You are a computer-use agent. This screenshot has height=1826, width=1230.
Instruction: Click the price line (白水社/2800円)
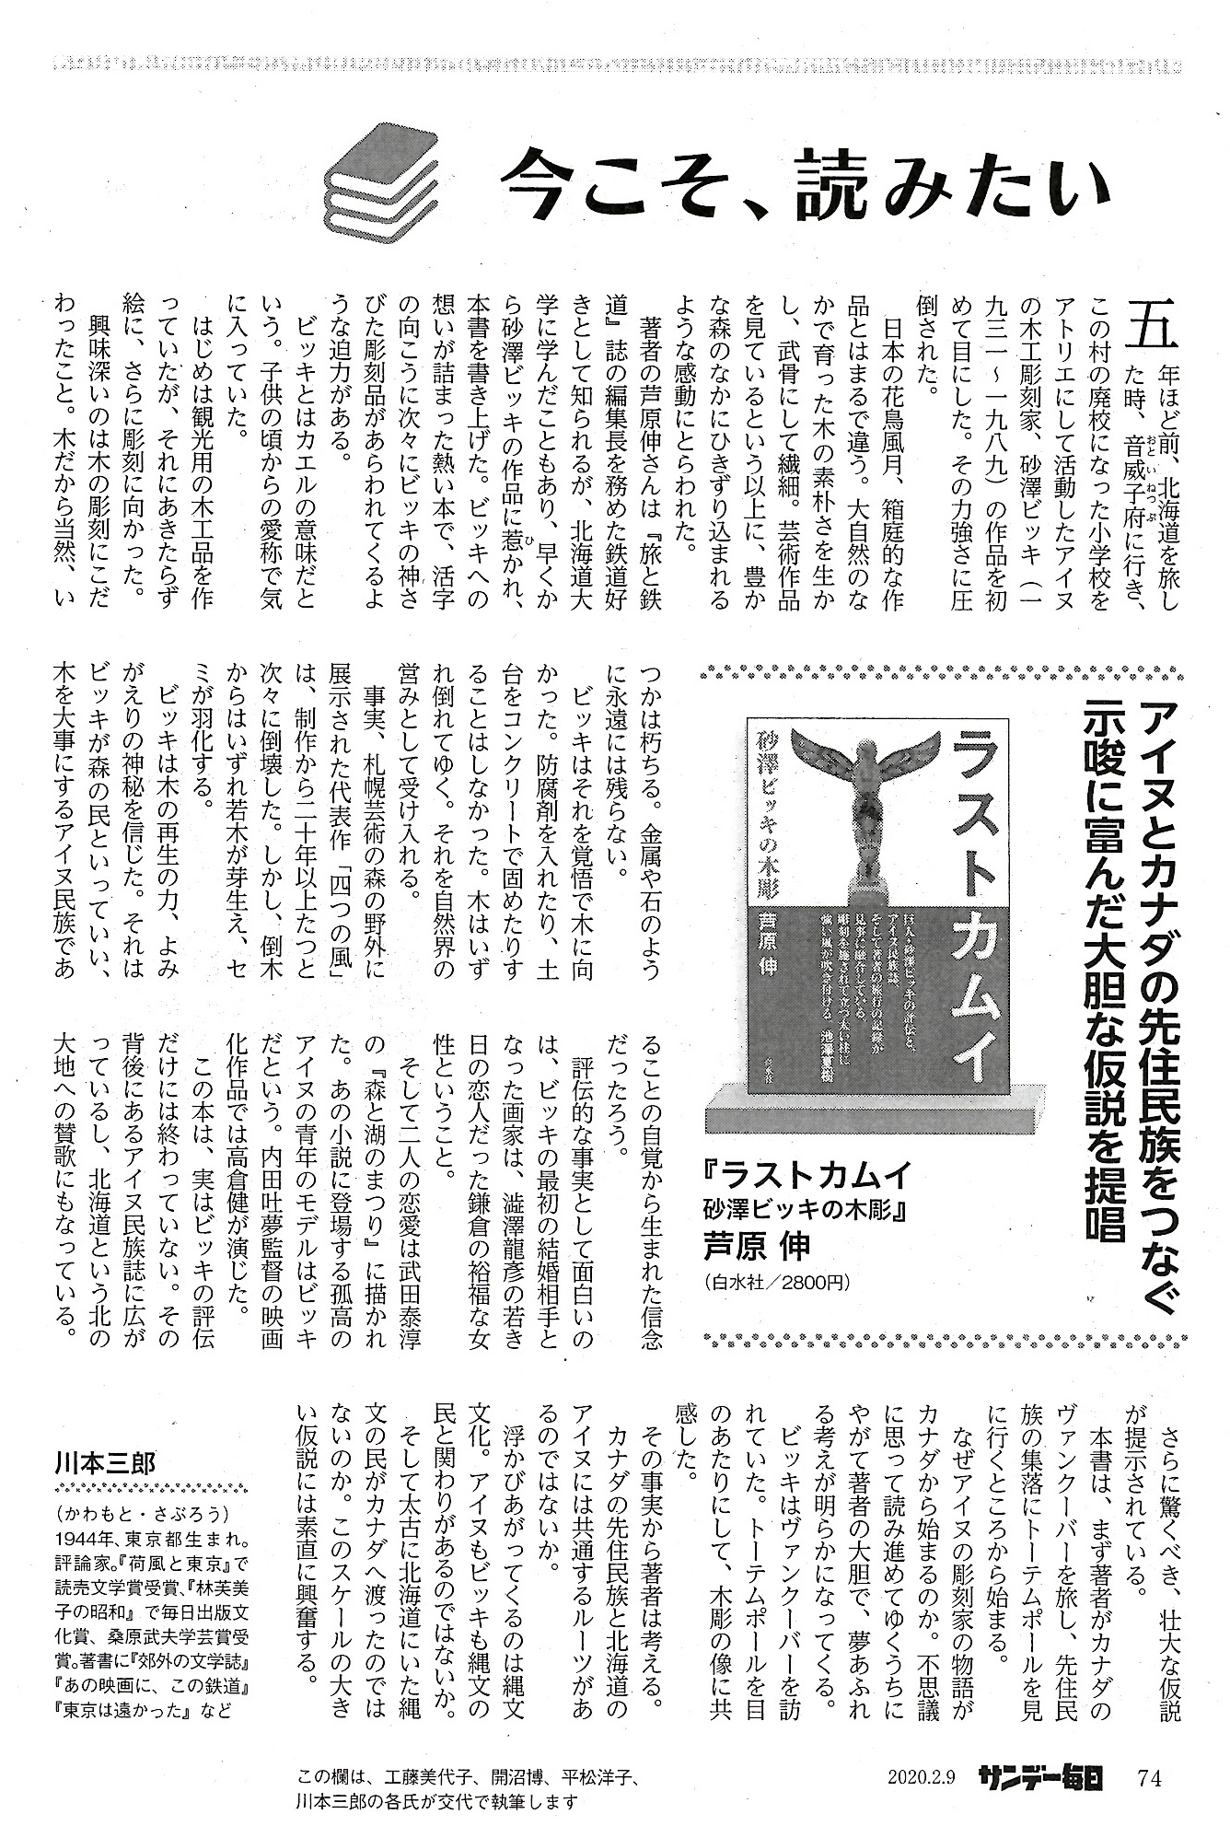click(x=774, y=1281)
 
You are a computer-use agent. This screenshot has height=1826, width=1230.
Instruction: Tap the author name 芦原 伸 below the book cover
click(x=756, y=1243)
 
